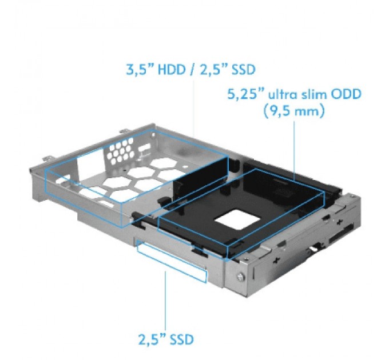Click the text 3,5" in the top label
[138, 70]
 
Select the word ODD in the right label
[347, 93]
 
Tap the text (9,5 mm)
[295, 111]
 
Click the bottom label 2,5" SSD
[166, 323]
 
